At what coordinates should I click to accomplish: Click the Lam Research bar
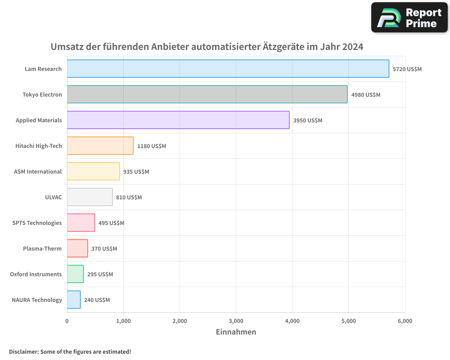coord(228,69)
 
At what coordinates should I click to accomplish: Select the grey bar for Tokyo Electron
coord(207,94)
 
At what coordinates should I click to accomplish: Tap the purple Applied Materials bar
coord(178,120)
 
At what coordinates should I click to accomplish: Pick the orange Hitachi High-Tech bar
coord(100,146)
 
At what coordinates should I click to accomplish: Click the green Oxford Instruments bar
coord(75,274)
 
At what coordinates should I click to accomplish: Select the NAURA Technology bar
coord(74,300)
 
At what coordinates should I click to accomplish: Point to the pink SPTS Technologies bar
coord(81,223)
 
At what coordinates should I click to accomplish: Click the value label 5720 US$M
coord(407,69)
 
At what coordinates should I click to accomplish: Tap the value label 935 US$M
coord(136,172)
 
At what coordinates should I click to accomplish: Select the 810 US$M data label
coord(129,198)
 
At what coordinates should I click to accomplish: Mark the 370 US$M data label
coord(104,249)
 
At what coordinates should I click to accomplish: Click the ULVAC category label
coord(54,197)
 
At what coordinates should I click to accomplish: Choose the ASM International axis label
coord(38,171)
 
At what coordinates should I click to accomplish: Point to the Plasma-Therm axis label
coord(42,248)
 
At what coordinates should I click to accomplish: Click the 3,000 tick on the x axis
coord(236,321)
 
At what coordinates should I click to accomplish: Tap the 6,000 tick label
coord(405,321)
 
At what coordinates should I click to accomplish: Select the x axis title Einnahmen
coord(236,332)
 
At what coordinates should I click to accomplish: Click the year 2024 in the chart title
coord(352,47)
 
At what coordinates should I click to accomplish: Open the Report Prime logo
coord(409,18)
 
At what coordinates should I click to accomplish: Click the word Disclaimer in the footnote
coord(23,351)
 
